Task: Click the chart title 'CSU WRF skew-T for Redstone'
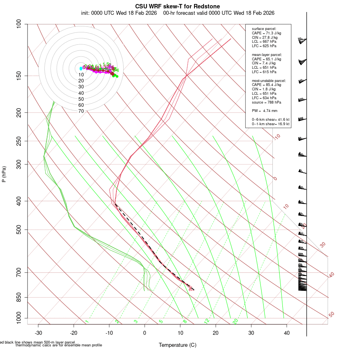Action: tap(177, 6)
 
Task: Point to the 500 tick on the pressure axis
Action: tap(18, 230)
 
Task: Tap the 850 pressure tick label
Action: tap(18, 297)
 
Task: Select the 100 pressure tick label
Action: tap(18, 24)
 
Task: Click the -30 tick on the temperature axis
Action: tap(38, 333)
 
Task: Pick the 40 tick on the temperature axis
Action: tap(287, 333)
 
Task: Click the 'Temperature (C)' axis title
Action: tap(177, 345)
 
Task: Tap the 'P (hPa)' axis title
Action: tap(4, 174)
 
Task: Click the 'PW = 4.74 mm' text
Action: tap(264, 111)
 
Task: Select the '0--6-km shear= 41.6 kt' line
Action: tap(270, 120)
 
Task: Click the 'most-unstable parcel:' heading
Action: tap(269, 80)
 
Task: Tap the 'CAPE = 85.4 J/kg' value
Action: tap(266, 85)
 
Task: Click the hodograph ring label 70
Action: tap(81, 111)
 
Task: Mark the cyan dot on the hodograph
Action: tap(81, 69)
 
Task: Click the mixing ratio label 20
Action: tap(235, 321)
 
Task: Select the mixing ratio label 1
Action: tap(87, 321)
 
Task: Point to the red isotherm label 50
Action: tap(331, 315)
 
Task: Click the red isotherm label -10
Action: tap(277, 137)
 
